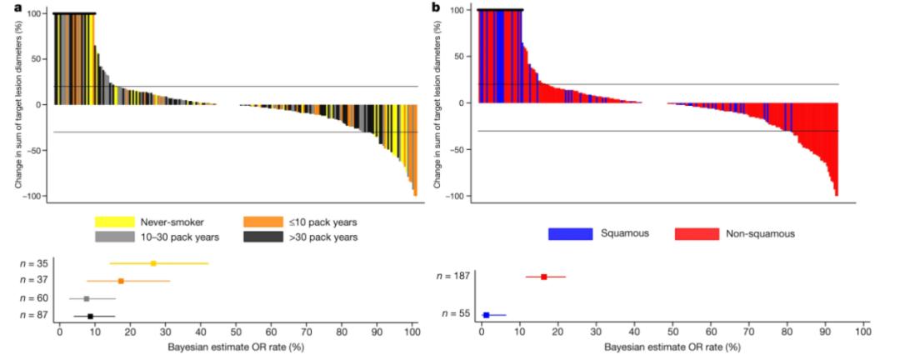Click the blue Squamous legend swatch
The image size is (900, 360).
pos(570,234)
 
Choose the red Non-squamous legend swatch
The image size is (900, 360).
pos(695,234)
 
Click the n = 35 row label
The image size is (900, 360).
pos(34,263)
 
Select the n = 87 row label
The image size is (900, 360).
pos(34,316)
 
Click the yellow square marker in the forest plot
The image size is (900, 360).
pos(153,263)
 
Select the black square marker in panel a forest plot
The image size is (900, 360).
pos(90,316)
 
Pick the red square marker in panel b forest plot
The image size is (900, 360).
pos(544,277)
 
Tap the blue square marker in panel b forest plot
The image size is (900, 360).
pos(487,315)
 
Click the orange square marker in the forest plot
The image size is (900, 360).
pos(121,281)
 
